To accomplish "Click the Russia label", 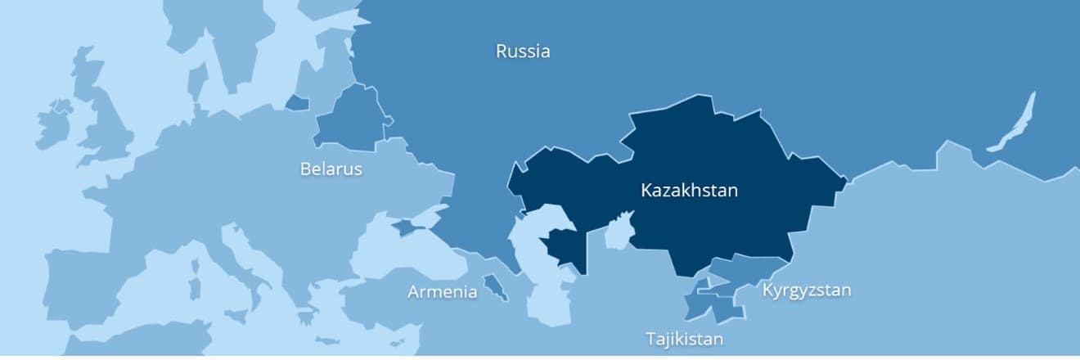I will pyautogui.click(x=523, y=52).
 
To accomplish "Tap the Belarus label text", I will pyautogui.click(x=331, y=169).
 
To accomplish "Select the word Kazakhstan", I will pyautogui.click(x=689, y=191).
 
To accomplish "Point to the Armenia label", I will pyautogui.click(x=442, y=291).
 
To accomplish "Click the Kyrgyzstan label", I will pyautogui.click(x=807, y=290).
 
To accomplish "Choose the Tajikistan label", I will pyautogui.click(x=684, y=338).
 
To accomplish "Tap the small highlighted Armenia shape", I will pyautogui.click(x=493, y=287).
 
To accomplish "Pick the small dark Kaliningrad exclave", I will pyautogui.click(x=297, y=103).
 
